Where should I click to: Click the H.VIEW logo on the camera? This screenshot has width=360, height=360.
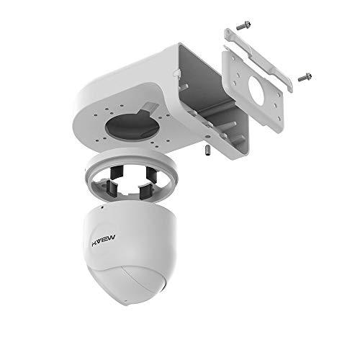104,240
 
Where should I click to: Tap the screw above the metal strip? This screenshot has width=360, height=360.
243,26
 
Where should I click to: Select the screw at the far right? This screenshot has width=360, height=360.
305,77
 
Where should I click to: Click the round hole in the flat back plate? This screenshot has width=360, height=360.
256,91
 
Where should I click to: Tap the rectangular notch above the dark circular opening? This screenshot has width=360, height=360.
148,107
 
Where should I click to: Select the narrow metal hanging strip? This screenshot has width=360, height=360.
259,59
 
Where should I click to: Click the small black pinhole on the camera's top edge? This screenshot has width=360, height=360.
102,207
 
